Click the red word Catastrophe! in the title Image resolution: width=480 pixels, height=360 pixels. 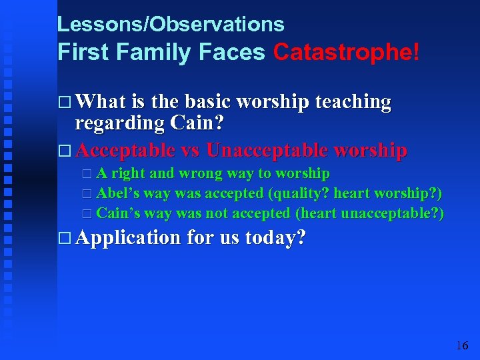click(x=346, y=53)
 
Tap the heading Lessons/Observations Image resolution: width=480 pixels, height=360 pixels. click(x=171, y=25)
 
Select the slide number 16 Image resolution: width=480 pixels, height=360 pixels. click(x=462, y=345)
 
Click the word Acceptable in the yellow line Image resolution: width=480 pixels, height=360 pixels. click(x=126, y=150)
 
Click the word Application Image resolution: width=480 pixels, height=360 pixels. click(x=128, y=237)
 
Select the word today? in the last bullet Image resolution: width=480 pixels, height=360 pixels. click(x=275, y=237)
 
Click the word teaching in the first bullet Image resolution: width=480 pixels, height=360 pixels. click(x=353, y=101)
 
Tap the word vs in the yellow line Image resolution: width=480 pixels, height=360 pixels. click(x=191, y=150)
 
